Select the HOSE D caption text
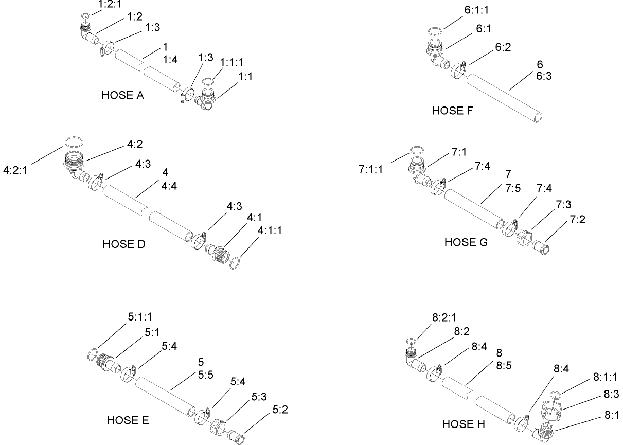tap(124, 244)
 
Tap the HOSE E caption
tap(128, 421)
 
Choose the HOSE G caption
tap(466, 242)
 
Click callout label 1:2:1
tap(110, 5)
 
